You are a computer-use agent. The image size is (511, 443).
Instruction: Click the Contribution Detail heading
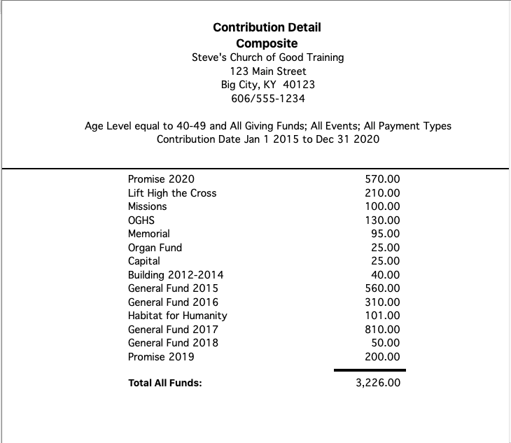[267, 27]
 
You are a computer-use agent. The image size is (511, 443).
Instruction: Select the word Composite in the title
[267, 43]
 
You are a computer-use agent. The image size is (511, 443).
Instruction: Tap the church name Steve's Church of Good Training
[267, 57]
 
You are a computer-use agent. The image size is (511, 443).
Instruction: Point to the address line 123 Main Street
[267, 71]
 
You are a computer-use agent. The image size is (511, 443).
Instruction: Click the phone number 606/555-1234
[267, 98]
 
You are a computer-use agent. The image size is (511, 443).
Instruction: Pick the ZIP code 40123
[300, 85]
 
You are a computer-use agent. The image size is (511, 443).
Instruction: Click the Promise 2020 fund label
[161, 179]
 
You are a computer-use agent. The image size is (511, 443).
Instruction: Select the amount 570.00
[383, 179]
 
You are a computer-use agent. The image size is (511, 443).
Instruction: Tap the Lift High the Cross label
[172, 193]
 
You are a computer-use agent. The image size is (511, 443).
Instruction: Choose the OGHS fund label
[141, 220]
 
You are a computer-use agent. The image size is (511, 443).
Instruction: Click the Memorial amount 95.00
[385, 234]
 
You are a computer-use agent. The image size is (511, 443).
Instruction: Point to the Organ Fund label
[155, 248]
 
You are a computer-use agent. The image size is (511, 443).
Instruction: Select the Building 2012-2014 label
[176, 275]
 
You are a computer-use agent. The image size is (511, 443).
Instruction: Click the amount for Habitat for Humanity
[383, 316]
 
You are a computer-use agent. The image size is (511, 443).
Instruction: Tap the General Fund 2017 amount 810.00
[383, 329]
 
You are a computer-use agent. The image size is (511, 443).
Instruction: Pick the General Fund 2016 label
[173, 302]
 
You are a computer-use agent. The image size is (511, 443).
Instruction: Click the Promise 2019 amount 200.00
[383, 357]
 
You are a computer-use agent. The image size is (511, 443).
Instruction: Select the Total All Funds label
[165, 384]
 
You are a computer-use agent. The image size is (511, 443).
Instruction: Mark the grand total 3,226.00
[378, 384]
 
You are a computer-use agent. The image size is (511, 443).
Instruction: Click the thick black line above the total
[370, 370]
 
